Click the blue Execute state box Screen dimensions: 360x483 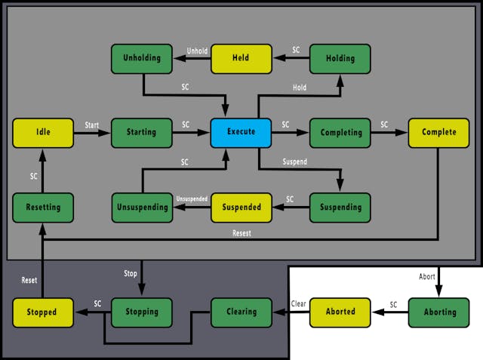pos(241,132)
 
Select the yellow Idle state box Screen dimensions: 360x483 pos(43,132)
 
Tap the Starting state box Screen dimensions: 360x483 pos(142,132)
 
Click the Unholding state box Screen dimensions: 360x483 pos(142,59)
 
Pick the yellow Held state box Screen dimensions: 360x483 pos(241,59)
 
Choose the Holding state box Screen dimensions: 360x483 pos(340,59)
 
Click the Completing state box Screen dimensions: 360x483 pos(340,132)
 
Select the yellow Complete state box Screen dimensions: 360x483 pos(439,132)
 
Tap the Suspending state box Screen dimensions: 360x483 pos(340,207)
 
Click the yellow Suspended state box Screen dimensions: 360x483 pos(241,207)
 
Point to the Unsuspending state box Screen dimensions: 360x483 pos(142,207)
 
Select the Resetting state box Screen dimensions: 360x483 pos(43,207)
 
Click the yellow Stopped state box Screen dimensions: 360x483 pos(43,312)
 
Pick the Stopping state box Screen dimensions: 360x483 pos(142,312)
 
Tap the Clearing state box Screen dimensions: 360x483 pos(241,312)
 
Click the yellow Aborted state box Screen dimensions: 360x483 pos(340,312)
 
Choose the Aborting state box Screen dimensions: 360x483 pos(439,312)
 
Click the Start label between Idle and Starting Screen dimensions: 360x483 pos(92,125)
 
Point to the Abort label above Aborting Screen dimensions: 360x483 pos(427,277)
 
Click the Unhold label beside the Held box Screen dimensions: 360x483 pos(197,51)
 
